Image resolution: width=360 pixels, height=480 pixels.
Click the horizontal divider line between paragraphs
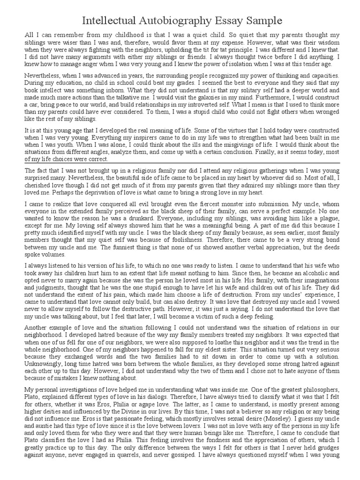180,163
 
